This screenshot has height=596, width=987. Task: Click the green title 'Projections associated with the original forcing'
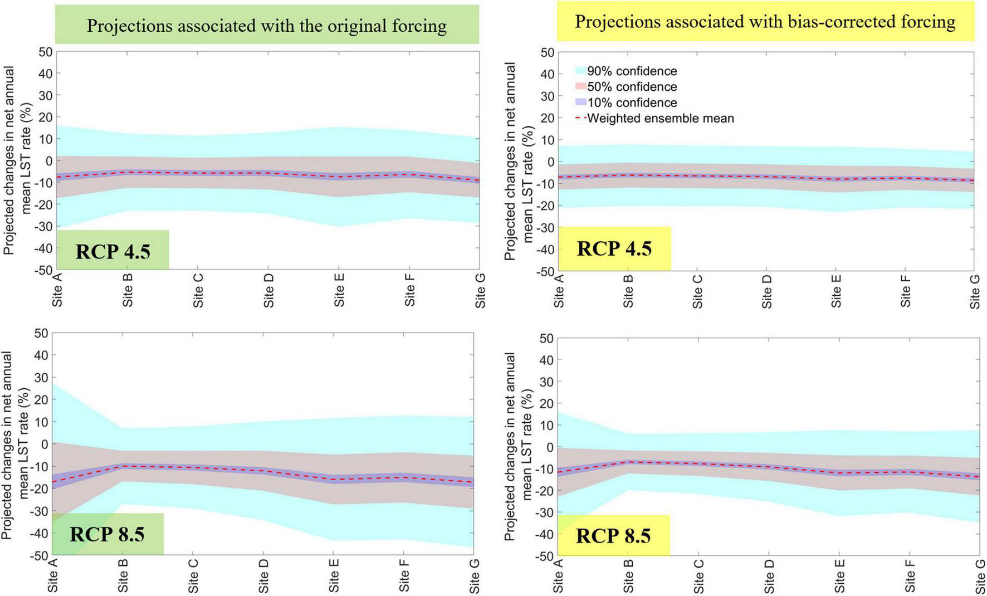[x=266, y=26]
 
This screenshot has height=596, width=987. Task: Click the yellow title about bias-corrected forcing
[x=765, y=22]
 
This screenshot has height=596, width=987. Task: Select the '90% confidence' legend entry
[x=632, y=71]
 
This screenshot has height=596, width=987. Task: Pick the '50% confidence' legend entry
[x=632, y=87]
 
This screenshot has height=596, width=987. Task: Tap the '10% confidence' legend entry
[x=632, y=102]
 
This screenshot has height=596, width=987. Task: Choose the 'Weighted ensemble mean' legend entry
[x=660, y=119]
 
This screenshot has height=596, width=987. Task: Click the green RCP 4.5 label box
[x=113, y=251]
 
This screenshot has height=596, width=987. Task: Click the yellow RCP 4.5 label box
[x=614, y=248]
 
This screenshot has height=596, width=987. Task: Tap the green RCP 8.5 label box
[x=107, y=534]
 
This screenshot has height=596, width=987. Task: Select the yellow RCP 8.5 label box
[x=613, y=536]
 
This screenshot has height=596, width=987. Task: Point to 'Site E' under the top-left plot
[x=339, y=290]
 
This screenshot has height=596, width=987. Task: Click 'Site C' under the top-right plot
[x=697, y=291]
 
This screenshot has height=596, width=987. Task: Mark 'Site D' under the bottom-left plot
[x=264, y=575]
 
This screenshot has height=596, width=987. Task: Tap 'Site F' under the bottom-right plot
[x=910, y=576]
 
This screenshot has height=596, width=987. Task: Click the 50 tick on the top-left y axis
[x=46, y=52]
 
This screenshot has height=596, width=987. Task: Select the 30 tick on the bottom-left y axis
[x=42, y=377]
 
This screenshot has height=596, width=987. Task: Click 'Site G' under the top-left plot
[x=480, y=290]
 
